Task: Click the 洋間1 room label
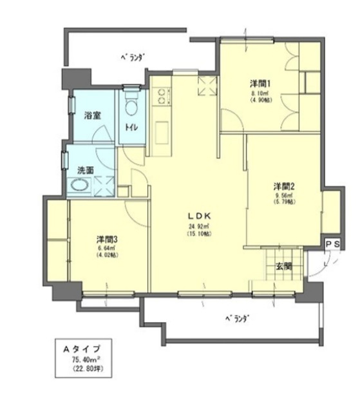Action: pyautogui.click(x=260, y=83)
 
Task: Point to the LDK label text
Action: pyautogui.click(x=196, y=216)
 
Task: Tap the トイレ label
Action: pyautogui.click(x=130, y=128)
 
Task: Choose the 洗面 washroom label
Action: pyautogui.click(x=86, y=171)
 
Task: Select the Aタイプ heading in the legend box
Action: pyautogui.click(x=81, y=348)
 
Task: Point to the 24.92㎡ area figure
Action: pyautogui.click(x=196, y=227)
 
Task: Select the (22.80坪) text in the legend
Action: pyautogui.click(x=81, y=370)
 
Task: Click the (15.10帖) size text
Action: pyautogui.click(x=196, y=234)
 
